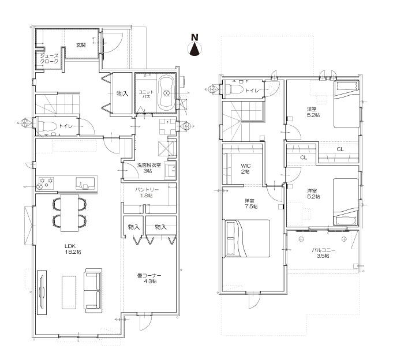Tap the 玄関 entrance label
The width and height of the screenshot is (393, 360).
[81, 46]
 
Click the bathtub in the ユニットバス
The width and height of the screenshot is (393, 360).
[166, 93]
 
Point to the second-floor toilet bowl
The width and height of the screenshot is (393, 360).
[234, 89]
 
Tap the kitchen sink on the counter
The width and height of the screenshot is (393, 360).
[86, 183]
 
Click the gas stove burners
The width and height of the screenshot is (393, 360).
[46, 183]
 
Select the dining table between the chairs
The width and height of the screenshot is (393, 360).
[69, 213]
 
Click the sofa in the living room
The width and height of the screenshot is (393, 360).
[93, 290]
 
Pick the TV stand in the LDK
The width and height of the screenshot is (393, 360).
[42, 292]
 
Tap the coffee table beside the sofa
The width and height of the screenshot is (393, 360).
[69, 292]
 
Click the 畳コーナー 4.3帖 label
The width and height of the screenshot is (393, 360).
[149, 278]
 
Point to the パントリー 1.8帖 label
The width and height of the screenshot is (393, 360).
[147, 192]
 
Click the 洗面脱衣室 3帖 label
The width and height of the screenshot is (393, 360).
[149, 168]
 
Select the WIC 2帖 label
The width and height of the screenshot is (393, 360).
[246, 168]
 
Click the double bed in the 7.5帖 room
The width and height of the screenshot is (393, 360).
[248, 238]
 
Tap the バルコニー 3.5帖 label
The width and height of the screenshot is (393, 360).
[323, 253]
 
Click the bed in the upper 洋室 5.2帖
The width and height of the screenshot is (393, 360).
[346, 104]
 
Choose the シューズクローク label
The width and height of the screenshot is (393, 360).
[49, 59]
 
